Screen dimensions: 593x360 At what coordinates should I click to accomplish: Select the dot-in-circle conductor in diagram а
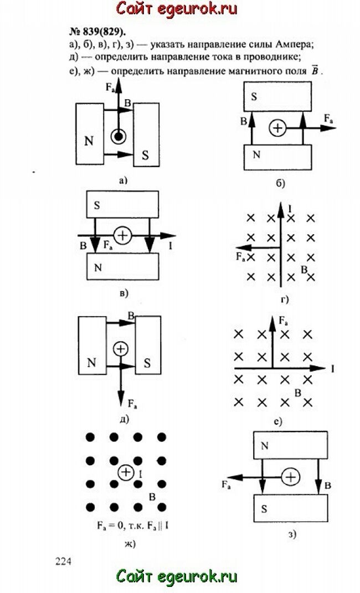[117, 136]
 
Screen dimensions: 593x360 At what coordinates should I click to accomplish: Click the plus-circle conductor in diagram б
[277, 128]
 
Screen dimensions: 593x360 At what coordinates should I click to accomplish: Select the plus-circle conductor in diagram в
[122, 236]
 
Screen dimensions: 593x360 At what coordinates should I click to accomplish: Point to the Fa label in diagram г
[241, 256]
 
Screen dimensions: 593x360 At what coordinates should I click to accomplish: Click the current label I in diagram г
[290, 209]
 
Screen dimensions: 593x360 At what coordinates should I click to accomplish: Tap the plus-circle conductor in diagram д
[120, 349]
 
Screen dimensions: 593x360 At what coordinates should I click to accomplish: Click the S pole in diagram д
[148, 363]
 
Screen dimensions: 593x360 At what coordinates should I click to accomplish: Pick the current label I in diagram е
[332, 368]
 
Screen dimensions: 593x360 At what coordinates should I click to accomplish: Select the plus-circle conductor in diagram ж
[127, 472]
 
